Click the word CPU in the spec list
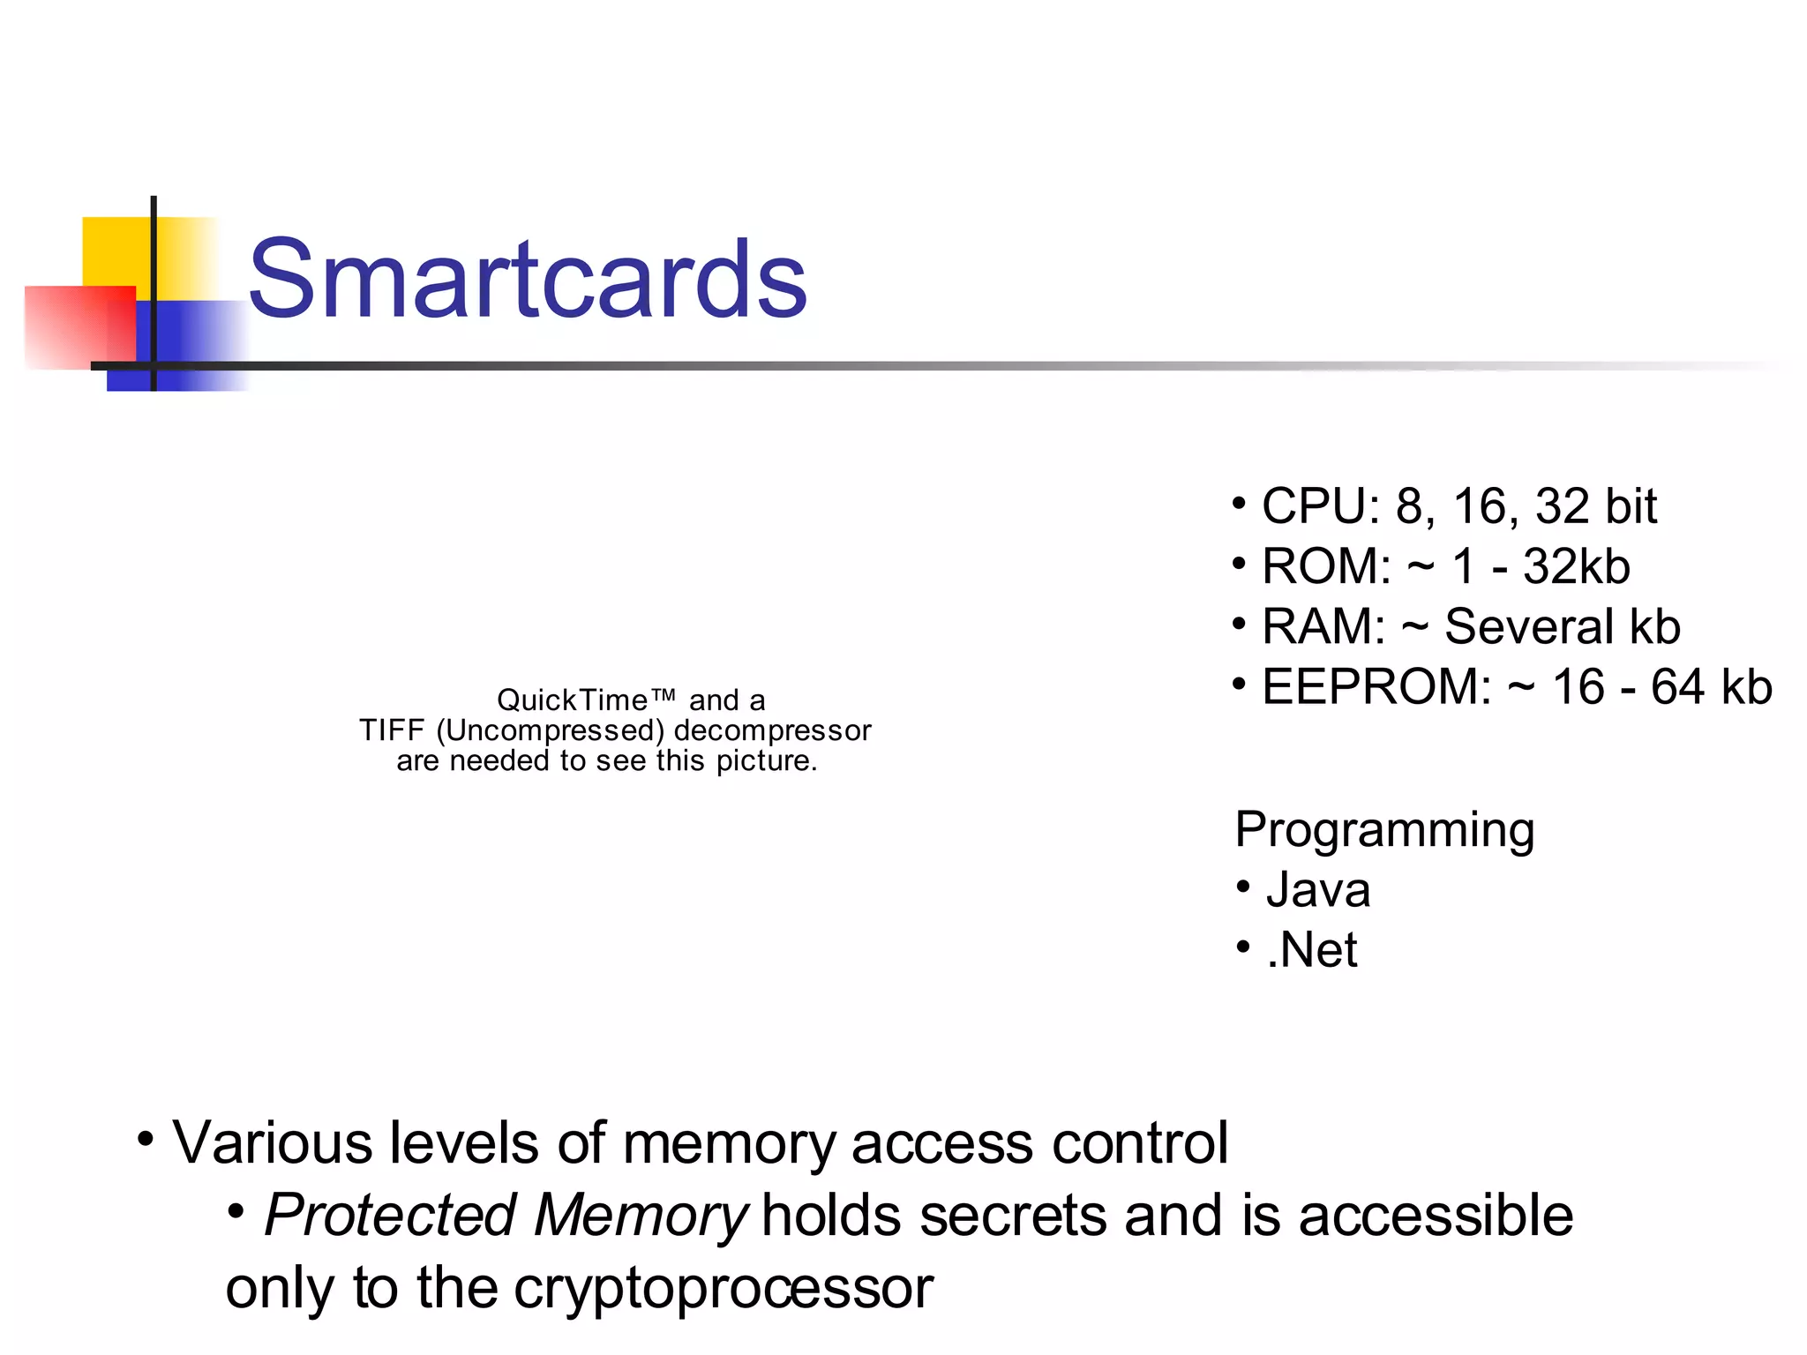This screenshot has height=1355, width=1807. pyautogui.click(x=1315, y=506)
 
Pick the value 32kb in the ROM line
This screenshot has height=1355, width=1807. pyautogui.click(x=1576, y=566)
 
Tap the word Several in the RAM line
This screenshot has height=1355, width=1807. pyautogui.click(x=1529, y=627)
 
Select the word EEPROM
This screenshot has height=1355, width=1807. pyautogui.click(x=1376, y=687)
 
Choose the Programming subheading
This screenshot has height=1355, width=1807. pyautogui.click(x=1384, y=830)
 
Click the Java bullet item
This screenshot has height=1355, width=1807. pyautogui.click(x=1317, y=890)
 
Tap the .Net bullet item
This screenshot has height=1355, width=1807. pyautogui.click(x=1311, y=950)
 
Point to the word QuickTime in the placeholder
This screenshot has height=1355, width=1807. pyautogui.click(x=574, y=700)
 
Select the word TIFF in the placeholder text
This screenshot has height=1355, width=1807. pyautogui.click(x=392, y=730)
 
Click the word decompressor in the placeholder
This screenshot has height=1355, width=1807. pyautogui.click(x=772, y=730)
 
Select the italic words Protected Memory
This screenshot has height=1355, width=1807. pyautogui.click(x=506, y=1216)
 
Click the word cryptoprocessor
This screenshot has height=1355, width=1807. pyautogui.click(x=723, y=1288)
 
